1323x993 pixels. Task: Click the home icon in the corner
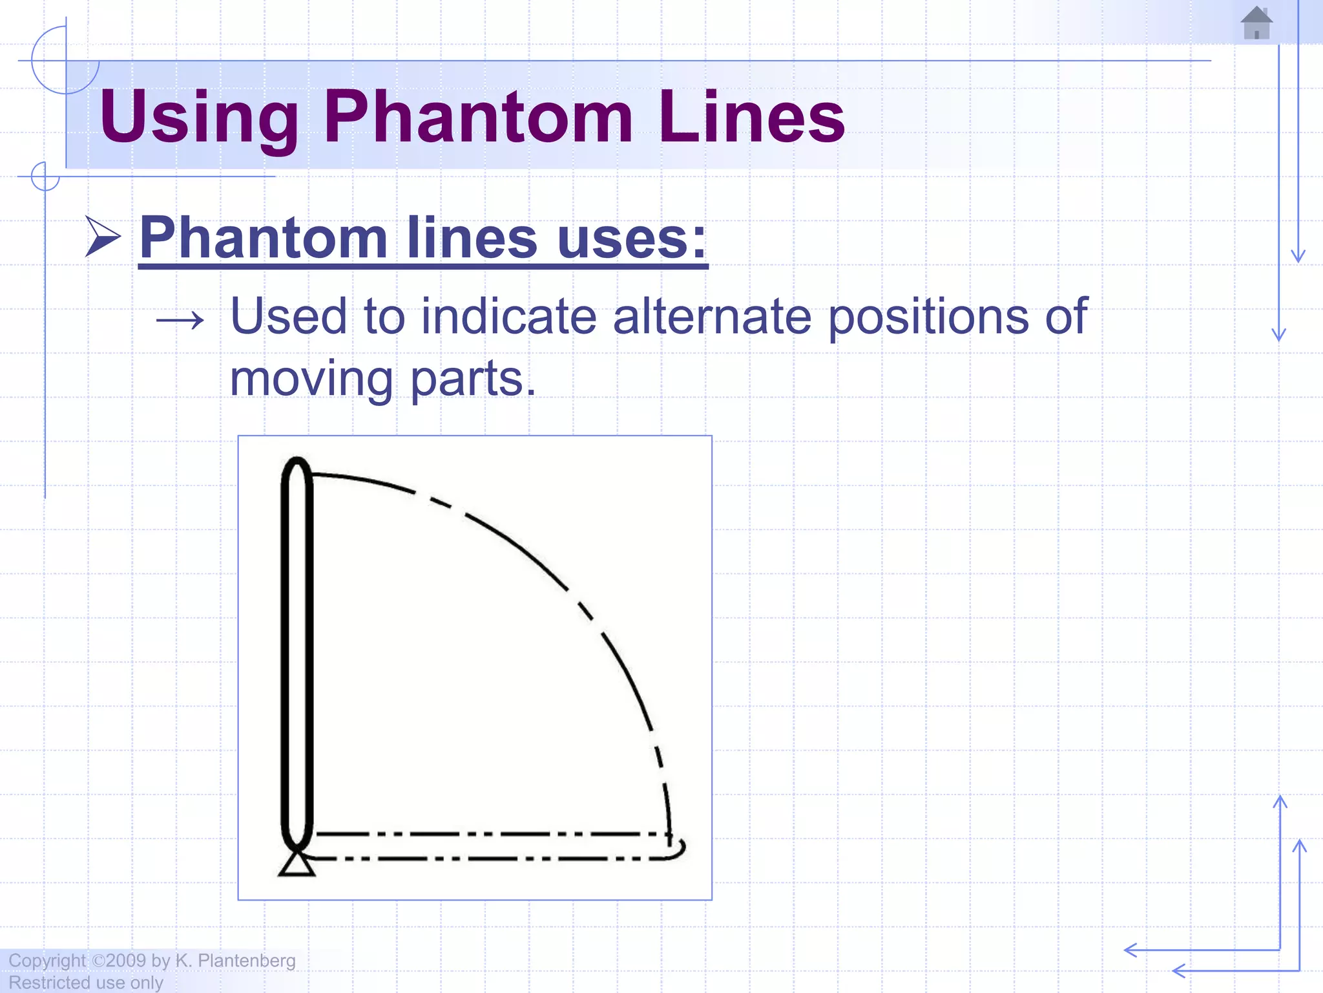point(1256,23)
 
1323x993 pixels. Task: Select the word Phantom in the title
point(477,117)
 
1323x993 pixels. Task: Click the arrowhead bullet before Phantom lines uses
point(103,237)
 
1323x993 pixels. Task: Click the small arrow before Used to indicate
point(180,319)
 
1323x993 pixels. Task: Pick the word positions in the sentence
point(928,316)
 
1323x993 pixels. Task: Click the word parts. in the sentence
point(473,379)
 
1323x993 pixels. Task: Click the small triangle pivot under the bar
point(297,864)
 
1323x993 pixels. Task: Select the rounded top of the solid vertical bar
point(297,467)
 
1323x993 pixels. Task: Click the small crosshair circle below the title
point(45,176)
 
